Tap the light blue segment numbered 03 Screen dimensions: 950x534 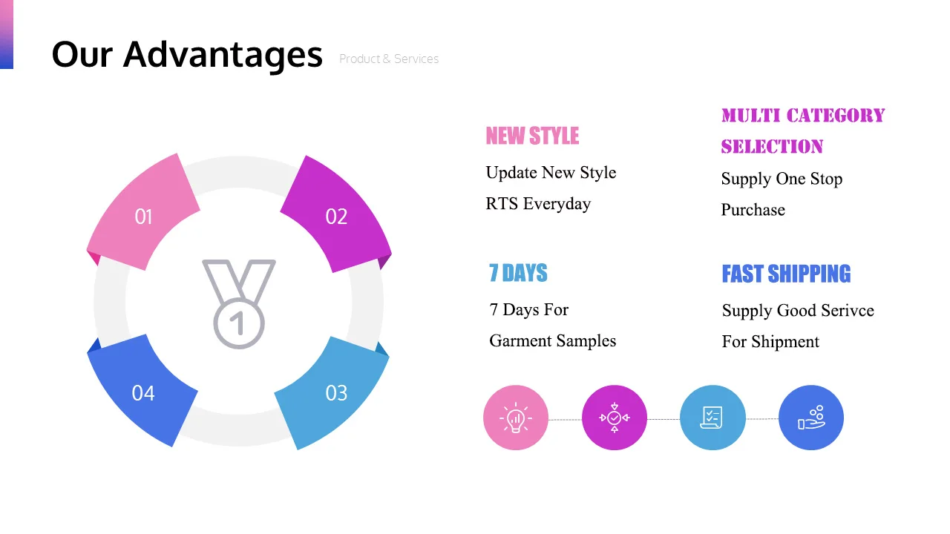click(x=335, y=392)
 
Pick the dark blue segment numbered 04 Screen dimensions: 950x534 click(x=142, y=392)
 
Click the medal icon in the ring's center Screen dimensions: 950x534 click(x=239, y=304)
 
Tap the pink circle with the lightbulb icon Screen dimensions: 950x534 click(x=516, y=418)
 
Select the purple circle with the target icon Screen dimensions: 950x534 click(x=614, y=418)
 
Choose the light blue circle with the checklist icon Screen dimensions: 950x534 click(x=712, y=418)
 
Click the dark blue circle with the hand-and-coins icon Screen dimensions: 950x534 click(x=811, y=418)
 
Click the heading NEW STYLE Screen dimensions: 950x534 click(x=532, y=136)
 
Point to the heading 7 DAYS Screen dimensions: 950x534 click(x=518, y=273)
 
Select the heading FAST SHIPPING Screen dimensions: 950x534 click(x=786, y=274)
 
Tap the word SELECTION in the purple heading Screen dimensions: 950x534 click(x=772, y=147)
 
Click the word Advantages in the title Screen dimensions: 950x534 click(x=223, y=55)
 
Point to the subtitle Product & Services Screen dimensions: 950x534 click(x=389, y=59)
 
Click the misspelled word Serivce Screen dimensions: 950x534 click(x=848, y=311)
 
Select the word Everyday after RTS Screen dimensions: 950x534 click(x=557, y=204)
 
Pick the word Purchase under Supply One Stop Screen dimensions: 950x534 click(x=753, y=210)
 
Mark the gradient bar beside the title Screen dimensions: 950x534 click(x=7, y=34)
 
